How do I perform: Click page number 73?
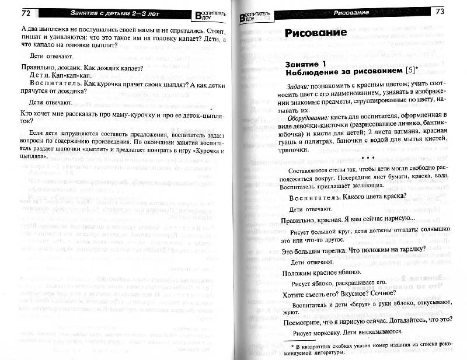[x=441, y=11]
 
